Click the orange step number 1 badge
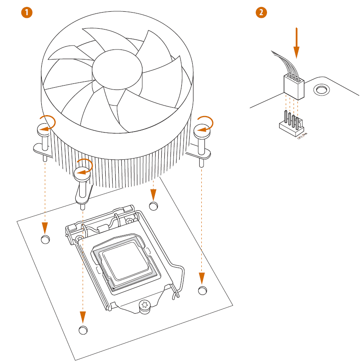pyautogui.click(x=27, y=13)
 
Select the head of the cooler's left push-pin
pyautogui.click(x=44, y=128)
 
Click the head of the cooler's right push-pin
pyautogui.click(x=202, y=129)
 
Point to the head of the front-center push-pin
pyautogui.click(x=82, y=174)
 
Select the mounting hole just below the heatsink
pyautogui.click(x=153, y=205)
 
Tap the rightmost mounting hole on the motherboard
pyautogui.click(x=202, y=290)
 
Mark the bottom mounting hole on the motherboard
pyautogui.click(x=83, y=330)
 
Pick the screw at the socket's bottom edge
pyautogui.click(x=144, y=306)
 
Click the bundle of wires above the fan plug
pyautogui.click(x=284, y=63)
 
